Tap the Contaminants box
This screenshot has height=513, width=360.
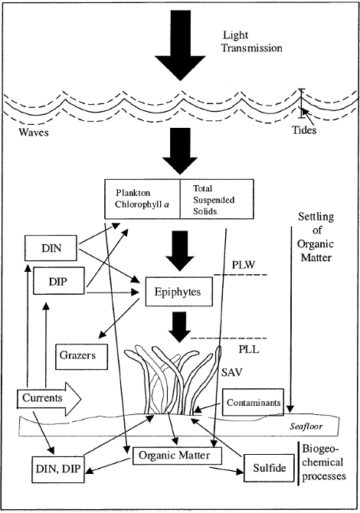pos(254,401)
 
